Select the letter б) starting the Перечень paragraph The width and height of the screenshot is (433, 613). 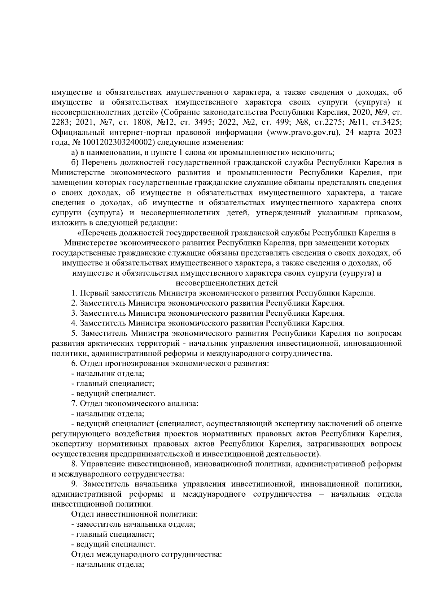pyautogui.click(x=75, y=162)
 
